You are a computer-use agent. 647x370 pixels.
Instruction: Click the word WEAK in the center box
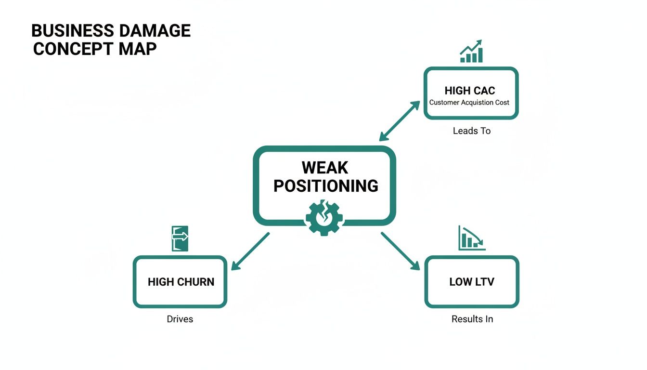point(325,168)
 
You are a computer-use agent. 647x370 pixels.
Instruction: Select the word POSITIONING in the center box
point(325,186)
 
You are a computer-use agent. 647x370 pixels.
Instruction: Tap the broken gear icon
point(324,218)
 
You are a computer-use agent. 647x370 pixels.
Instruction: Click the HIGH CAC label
point(470,91)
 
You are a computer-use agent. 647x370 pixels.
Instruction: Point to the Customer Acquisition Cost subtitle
point(469,103)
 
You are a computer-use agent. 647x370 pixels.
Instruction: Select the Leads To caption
point(471,131)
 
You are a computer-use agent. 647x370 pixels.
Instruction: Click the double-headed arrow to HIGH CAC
point(400,121)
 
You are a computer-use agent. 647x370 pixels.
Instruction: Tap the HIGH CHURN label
point(181,282)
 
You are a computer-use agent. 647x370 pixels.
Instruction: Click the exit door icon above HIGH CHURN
point(180,238)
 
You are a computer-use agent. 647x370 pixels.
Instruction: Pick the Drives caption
point(180,319)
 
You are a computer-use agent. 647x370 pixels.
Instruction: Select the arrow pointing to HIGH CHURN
point(250,251)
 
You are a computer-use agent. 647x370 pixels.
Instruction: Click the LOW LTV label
point(472,282)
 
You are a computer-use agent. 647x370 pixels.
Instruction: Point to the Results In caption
point(472,319)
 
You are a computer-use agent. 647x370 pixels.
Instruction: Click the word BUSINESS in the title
point(69,31)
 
